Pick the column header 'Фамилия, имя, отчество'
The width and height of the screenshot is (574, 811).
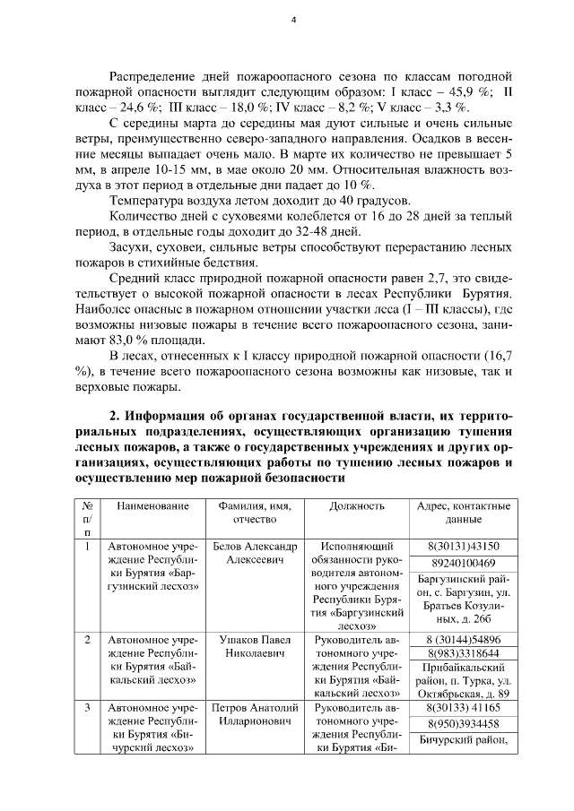coord(254,513)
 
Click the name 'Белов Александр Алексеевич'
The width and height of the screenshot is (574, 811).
coord(254,553)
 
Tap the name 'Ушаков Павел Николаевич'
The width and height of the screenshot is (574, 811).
coord(254,648)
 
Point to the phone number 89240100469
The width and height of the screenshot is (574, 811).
coord(463,563)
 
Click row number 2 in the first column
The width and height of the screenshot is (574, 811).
coord(87,641)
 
